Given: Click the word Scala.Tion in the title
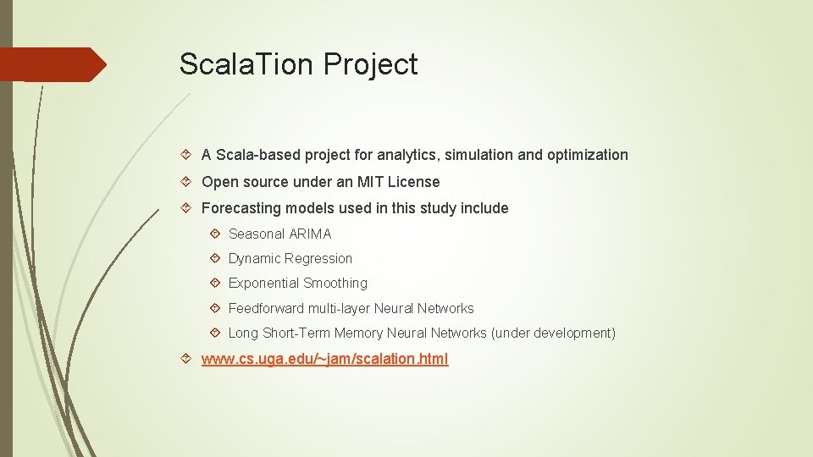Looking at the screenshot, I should pos(247,64).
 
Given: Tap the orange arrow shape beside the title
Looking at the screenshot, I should pos(53,64).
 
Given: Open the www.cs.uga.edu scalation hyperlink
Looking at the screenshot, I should pos(324,359).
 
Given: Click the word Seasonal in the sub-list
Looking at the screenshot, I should pos(256,234).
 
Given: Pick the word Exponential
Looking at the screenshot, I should pos(263,284).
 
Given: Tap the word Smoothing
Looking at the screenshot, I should pos(335,284).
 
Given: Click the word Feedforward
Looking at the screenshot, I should pos(266,309).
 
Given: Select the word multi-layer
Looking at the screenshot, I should pos(339,309).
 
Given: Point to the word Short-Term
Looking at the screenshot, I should pos(296,333).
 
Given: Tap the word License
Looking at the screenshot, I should pos(414,182).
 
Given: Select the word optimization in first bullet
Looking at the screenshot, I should pos(588,155).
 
